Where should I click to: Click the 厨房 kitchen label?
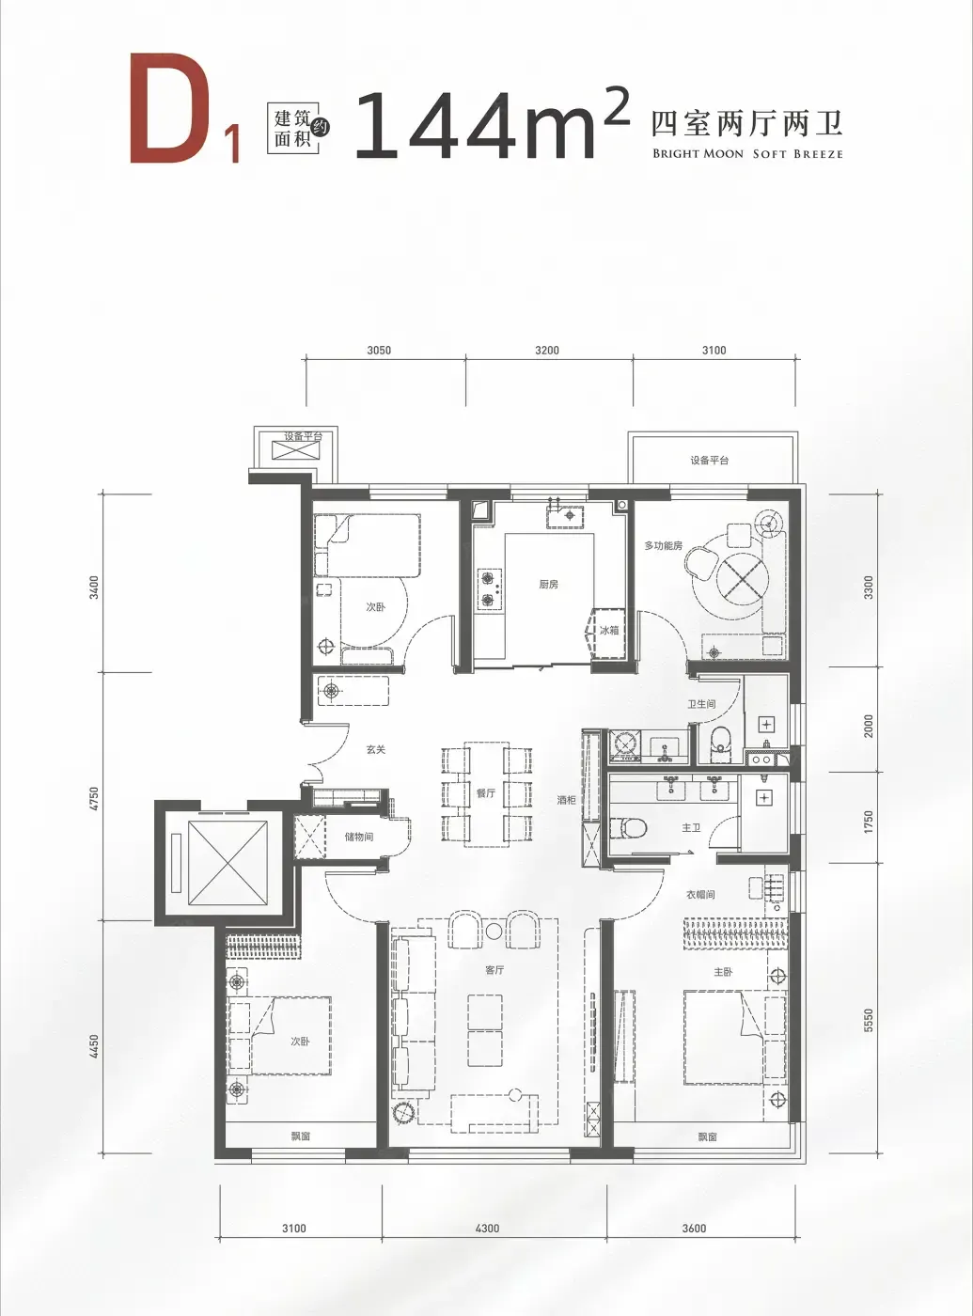point(548,585)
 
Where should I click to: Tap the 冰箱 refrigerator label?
point(609,630)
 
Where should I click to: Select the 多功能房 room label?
point(664,545)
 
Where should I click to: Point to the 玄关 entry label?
point(376,750)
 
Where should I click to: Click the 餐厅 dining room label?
point(486,794)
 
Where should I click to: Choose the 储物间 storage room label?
point(359,838)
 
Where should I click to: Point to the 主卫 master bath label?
point(691,828)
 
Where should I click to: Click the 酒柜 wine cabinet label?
point(566,800)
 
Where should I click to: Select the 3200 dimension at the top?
point(547,351)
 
